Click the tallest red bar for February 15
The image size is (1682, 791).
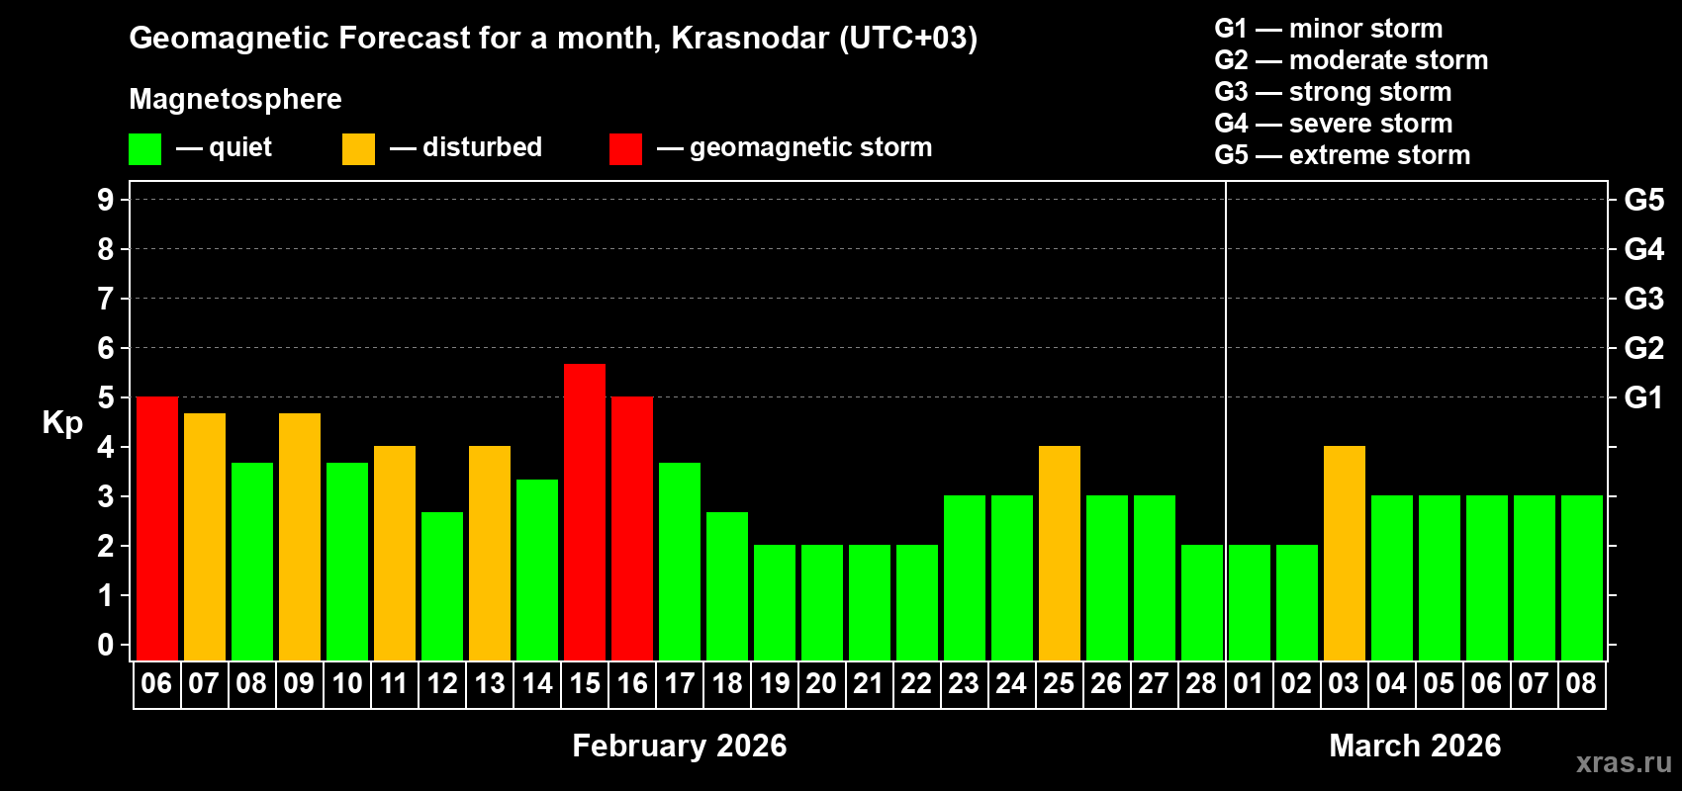click(585, 511)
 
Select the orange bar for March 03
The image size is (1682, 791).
click(1345, 553)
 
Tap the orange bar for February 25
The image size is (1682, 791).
click(1060, 553)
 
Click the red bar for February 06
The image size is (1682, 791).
click(157, 528)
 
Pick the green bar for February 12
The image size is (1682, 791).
click(442, 585)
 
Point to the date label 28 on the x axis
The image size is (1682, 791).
click(1201, 683)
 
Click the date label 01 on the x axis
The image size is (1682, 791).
click(1249, 683)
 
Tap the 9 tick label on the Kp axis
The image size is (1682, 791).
click(106, 200)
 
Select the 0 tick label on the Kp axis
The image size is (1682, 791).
click(106, 645)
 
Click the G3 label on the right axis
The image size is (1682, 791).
click(1643, 299)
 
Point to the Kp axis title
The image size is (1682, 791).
click(62, 422)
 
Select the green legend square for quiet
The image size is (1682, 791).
click(145, 149)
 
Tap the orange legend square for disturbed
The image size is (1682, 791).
click(359, 149)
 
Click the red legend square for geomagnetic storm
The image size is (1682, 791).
click(626, 149)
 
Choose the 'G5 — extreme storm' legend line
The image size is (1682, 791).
click(1342, 155)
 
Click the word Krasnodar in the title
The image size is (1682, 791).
click(750, 38)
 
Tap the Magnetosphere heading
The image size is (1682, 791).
click(235, 99)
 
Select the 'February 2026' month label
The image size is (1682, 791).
click(680, 746)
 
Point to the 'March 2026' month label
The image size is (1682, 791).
click(1415, 746)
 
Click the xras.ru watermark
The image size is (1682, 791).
click(1624, 762)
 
